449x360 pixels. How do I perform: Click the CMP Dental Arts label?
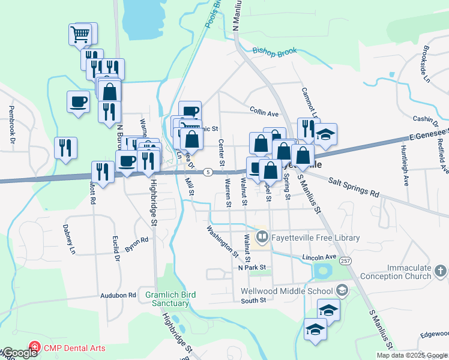(74, 348)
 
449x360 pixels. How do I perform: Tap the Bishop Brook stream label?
(275, 53)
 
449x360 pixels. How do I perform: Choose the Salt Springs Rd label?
(354, 186)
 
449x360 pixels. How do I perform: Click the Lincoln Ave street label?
(319, 257)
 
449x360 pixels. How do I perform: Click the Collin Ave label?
(264, 112)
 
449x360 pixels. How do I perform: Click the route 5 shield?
(206, 172)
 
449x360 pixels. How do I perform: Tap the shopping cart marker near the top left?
(80, 34)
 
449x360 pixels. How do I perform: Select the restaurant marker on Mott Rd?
(103, 172)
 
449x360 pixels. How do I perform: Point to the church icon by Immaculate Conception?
(440, 272)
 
